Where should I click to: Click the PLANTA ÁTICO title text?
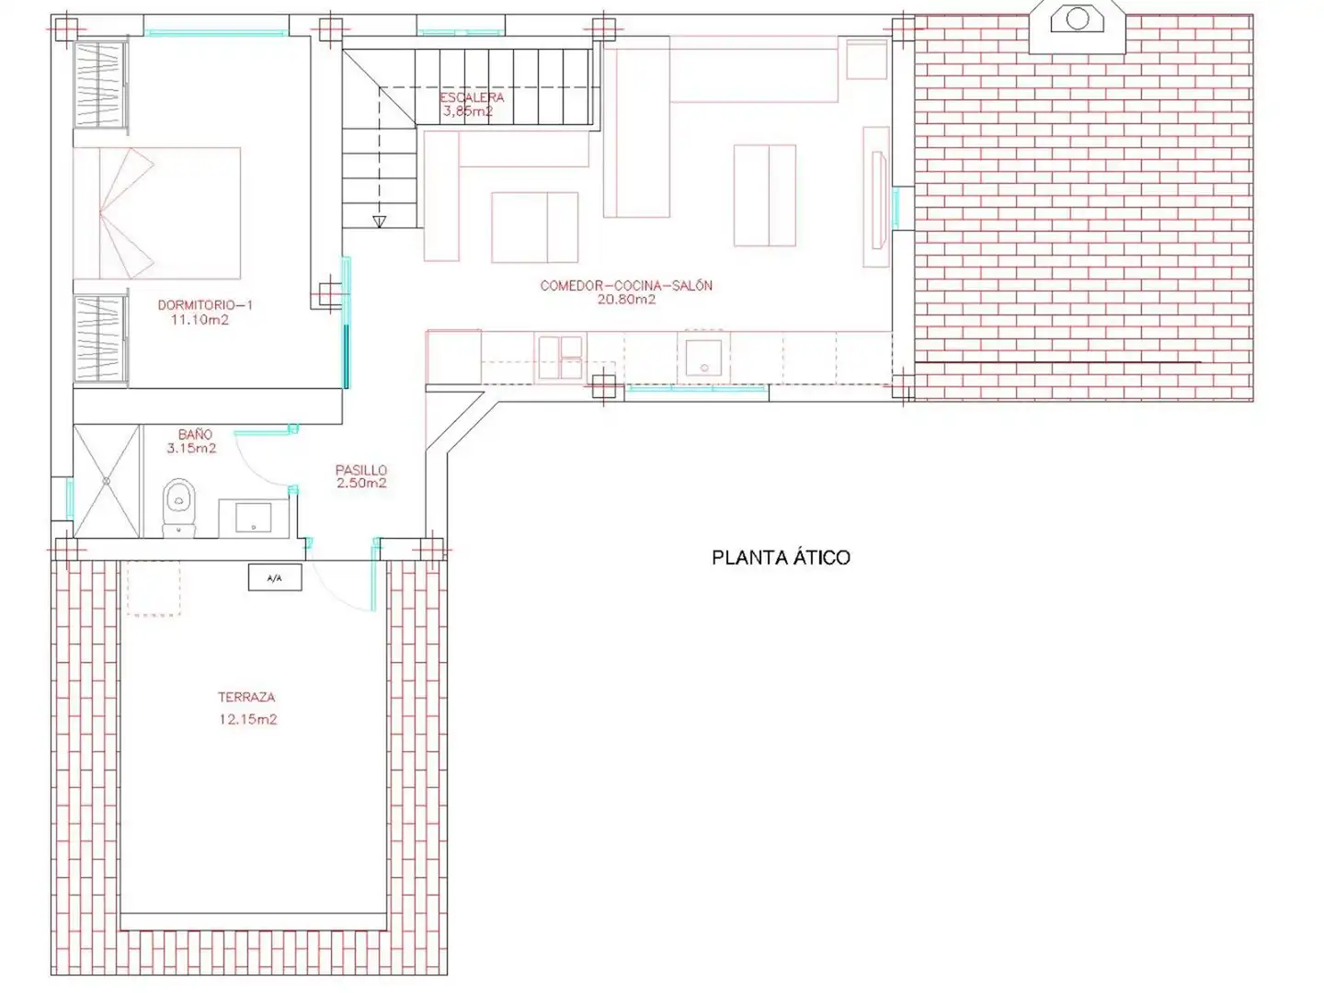point(781,557)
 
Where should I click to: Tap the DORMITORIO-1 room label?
point(205,305)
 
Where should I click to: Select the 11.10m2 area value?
point(200,320)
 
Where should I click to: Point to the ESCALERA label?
point(472,97)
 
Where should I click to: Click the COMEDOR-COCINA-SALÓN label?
point(626,285)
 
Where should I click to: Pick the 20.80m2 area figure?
point(626,300)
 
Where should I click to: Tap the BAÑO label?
point(195,433)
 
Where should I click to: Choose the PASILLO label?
point(361,469)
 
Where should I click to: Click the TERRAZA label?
point(246,698)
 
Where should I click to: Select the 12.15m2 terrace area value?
point(248,719)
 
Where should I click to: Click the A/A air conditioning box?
point(275,577)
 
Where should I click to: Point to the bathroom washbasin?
point(253,518)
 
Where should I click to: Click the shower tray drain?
point(106,481)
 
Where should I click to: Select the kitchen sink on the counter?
point(703,359)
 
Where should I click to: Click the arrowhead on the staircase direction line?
point(379,222)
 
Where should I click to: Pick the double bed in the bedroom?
point(157,213)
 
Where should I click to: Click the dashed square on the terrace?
point(154,588)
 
